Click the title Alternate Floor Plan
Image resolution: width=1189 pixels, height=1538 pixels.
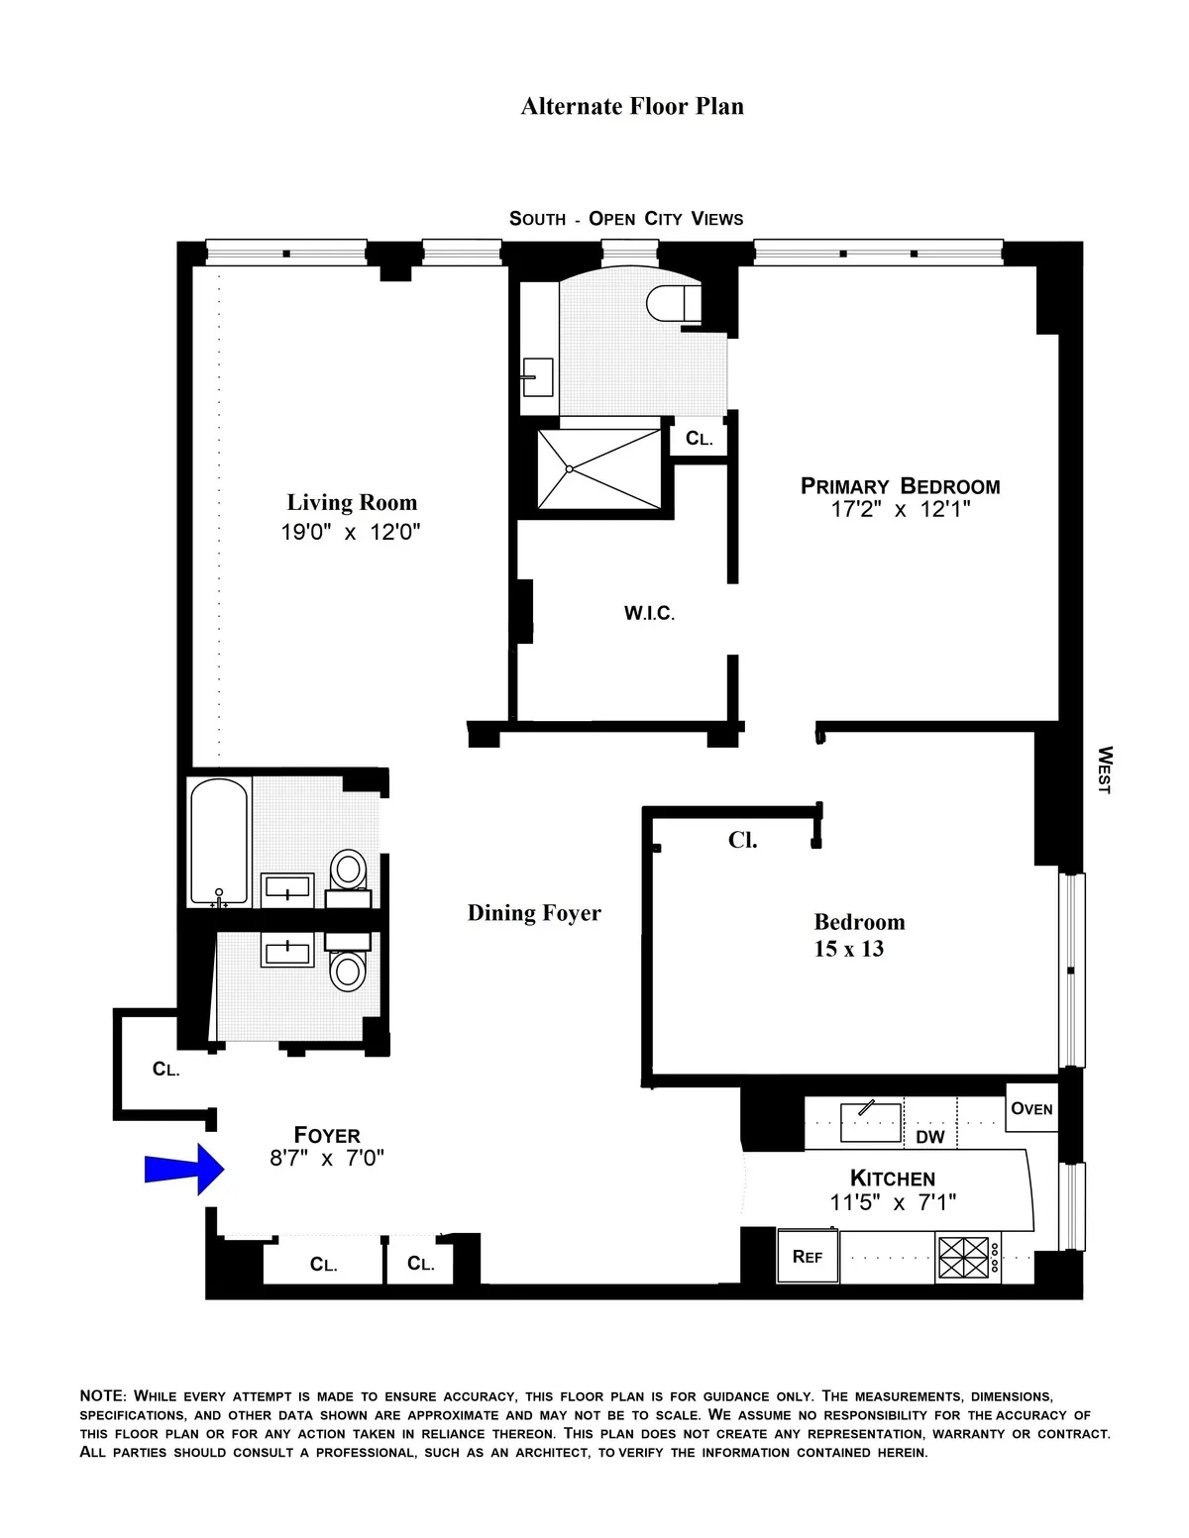(632, 107)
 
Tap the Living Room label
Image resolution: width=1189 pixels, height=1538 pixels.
(352, 503)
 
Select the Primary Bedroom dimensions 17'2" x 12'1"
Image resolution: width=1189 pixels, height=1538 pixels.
(900, 510)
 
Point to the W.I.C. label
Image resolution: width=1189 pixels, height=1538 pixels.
(649, 614)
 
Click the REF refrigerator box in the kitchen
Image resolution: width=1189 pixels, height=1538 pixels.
(808, 1257)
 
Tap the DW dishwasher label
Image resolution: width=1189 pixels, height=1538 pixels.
(929, 1137)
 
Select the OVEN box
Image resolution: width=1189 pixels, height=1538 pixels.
(1031, 1108)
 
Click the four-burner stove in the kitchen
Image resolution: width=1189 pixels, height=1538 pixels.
(965, 1258)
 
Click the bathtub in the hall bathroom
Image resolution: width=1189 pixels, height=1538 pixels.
(219, 842)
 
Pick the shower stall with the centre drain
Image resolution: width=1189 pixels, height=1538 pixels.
(598, 468)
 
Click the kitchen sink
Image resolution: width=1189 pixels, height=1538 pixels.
(870, 1121)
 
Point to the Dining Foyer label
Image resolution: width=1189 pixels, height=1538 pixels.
(534, 913)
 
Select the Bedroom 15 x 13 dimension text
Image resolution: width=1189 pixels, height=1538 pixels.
(848, 949)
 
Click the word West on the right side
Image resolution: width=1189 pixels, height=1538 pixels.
(1104, 769)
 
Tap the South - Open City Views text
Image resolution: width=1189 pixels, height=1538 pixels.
(626, 219)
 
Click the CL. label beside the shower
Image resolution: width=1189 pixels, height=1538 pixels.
(699, 439)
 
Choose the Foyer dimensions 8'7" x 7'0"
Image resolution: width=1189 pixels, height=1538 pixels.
(326, 1158)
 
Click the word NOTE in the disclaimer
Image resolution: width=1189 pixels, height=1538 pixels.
(102, 1395)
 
